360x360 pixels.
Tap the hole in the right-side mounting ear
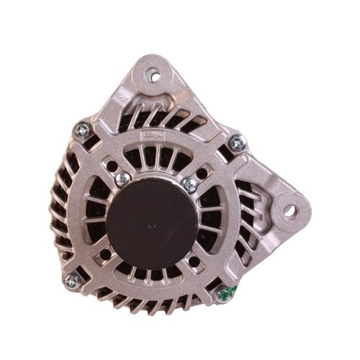point(293,212)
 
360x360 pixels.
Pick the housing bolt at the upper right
point(235,147)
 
